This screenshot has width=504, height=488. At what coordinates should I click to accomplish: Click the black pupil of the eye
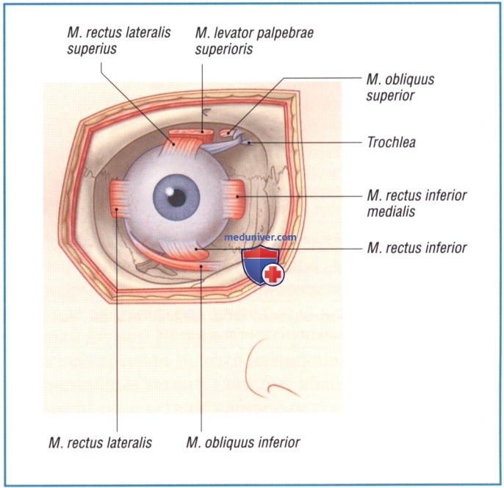(x=177, y=198)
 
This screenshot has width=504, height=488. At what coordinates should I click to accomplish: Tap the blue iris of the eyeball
(x=176, y=197)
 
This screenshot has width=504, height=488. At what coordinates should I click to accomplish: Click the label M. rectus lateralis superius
(x=118, y=41)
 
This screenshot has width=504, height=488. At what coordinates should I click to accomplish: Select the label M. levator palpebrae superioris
(x=254, y=41)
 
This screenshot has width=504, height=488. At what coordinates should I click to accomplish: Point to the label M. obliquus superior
(x=400, y=87)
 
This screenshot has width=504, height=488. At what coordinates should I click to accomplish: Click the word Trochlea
(x=391, y=143)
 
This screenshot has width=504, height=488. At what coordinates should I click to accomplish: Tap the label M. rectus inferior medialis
(x=417, y=203)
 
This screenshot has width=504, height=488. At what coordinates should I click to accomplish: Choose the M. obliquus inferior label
(x=243, y=442)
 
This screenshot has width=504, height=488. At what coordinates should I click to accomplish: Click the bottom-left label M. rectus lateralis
(x=100, y=442)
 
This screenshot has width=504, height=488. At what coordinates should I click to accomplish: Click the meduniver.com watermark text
(x=260, y=237)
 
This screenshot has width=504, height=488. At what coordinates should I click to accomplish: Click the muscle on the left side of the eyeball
(x=118, y=198)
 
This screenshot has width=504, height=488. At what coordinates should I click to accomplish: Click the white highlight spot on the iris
(x=169, y=191)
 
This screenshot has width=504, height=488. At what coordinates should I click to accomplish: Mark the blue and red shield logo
(x=262, y=265)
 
